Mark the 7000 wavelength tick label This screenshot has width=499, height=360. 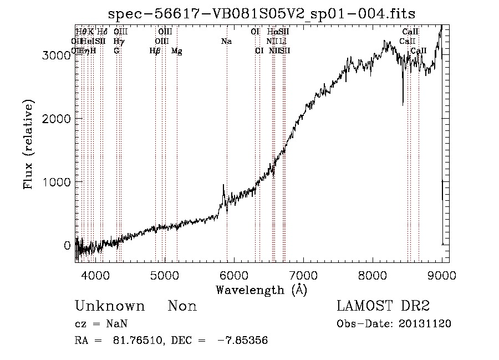[303, 275]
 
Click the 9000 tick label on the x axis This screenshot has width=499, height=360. [442, 275]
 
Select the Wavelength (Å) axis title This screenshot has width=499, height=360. [262, 290]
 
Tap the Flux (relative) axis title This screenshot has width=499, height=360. [29, 145]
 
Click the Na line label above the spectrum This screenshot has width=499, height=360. [226, 41]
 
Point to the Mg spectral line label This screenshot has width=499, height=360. [176, 51]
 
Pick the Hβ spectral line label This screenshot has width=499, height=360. [155, 51]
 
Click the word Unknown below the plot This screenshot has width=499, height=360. [110, 306]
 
